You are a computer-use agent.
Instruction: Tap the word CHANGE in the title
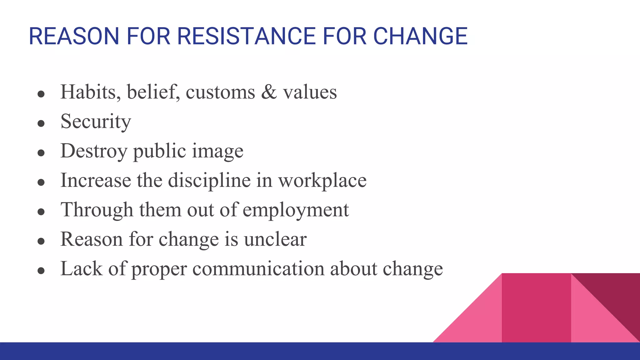(x=420, y=36)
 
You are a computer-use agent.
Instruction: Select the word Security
(x=96, y=122)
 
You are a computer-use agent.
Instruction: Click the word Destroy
(x=94, y=151)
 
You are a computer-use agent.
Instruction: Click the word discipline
(x=209, y=181)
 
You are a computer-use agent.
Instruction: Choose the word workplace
(x=322, y=181)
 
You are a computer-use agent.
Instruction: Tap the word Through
(x=97, y=210)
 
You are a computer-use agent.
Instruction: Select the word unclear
(x=275, y=239)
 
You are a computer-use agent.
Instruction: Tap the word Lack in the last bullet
(x=81, y=268)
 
